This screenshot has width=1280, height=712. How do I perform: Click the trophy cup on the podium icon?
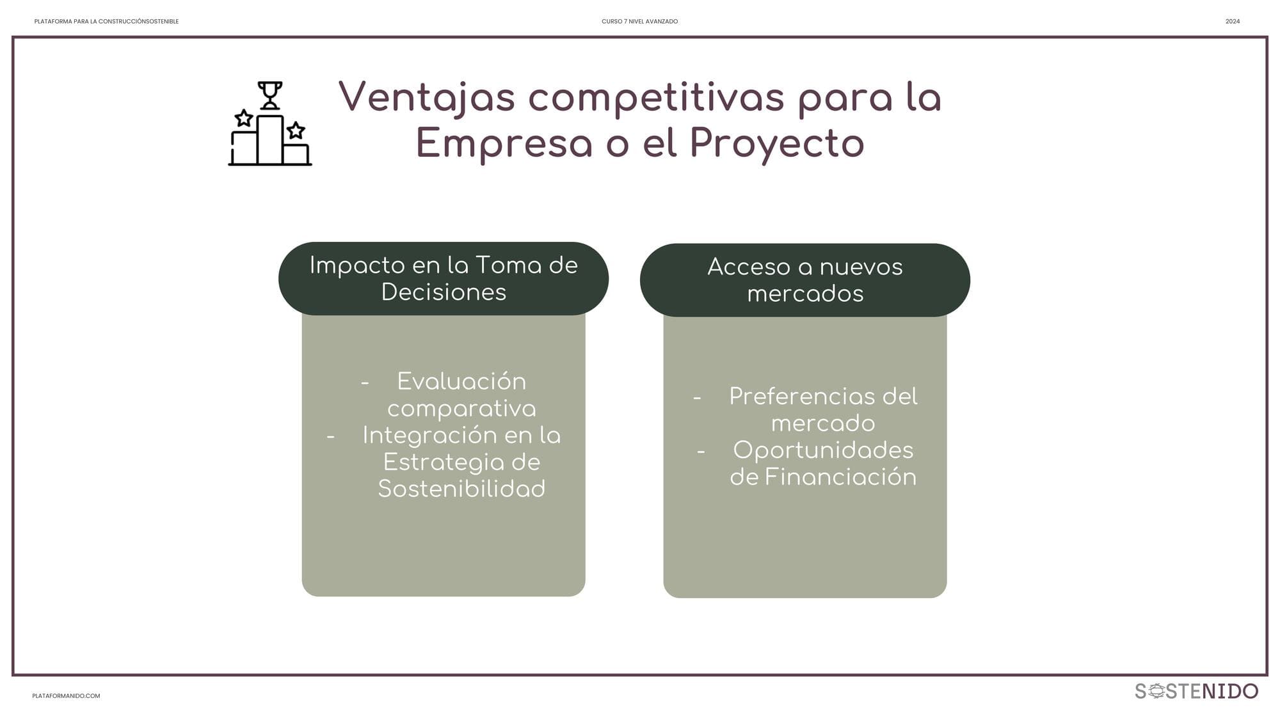(269, 95)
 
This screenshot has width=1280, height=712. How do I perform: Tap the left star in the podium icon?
(243, 118)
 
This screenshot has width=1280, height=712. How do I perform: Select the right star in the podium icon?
(296, 131)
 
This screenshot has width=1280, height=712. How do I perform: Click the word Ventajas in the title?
(426, 99)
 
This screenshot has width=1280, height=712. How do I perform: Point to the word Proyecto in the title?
(777, 144)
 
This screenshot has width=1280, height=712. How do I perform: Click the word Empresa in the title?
(504, 144)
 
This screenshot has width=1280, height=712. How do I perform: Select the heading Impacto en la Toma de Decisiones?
(444, 278)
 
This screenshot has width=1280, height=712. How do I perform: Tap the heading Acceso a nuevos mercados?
(805, 280)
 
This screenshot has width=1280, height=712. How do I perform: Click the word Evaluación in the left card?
(461, 381)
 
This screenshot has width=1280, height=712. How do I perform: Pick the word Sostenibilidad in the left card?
(461, 489)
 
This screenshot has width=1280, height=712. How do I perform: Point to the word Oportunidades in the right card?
(823, 450)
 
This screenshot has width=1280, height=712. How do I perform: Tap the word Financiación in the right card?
(840, 477)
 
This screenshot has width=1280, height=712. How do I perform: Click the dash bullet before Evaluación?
(365, 383)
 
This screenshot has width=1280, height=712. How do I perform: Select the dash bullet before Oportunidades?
(701, 452)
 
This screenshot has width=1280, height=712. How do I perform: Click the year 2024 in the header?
(1233, 22)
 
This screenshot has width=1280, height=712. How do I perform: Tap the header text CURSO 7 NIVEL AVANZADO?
(639, 22)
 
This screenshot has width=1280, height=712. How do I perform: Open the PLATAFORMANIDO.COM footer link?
(66, 696)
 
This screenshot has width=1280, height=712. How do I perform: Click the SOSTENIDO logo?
(1196, 691)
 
